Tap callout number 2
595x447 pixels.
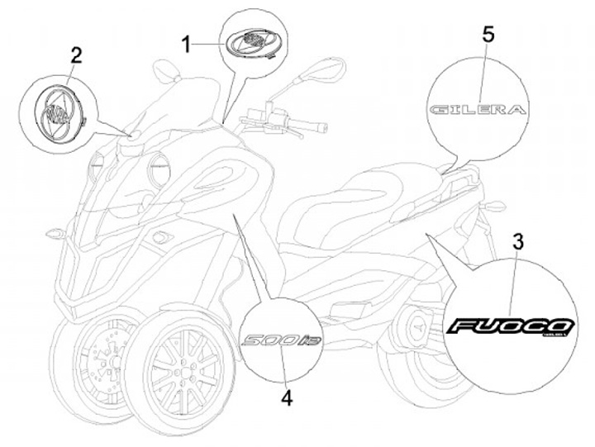pyautogui.click(x=76, y=56)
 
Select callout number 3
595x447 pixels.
pyautogui.click(x=517, y=243)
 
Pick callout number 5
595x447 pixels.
pyautogui.click(x=488, y=34)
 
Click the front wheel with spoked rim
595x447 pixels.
pyautogui.click(x=183, y=368)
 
